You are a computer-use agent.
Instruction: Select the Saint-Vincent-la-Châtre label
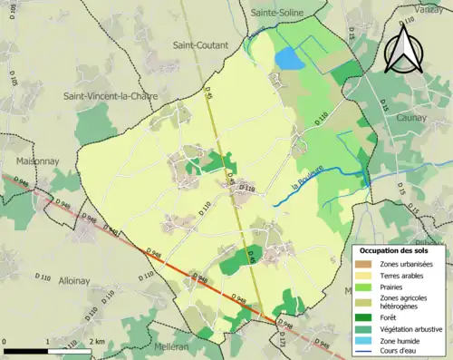coord(105,95)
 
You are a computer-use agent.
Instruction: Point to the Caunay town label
coord(413,118)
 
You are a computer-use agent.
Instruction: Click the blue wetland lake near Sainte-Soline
coord(289,59)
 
